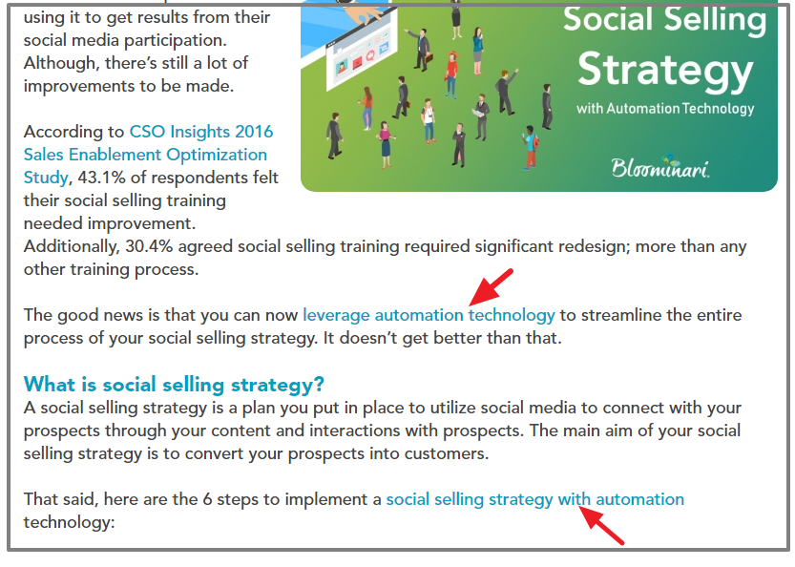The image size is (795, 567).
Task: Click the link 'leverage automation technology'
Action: coord(429,315)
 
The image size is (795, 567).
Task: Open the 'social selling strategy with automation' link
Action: coord(534,499)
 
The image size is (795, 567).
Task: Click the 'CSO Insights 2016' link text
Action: coord(200,132)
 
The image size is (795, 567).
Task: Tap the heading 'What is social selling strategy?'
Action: coord(174,385)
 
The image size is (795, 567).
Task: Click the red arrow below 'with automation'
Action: coord(603,526)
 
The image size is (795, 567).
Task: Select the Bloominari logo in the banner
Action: coord(659,168)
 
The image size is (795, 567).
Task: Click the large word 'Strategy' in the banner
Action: coord(665,70)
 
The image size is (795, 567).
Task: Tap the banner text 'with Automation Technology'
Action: coord(665,109)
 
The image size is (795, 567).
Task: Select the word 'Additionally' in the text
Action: coord(69,246)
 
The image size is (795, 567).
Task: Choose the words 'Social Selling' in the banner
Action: coord(665,19)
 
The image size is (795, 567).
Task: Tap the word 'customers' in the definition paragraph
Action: coord(450,453)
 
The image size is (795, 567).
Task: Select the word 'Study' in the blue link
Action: coord(45,178)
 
